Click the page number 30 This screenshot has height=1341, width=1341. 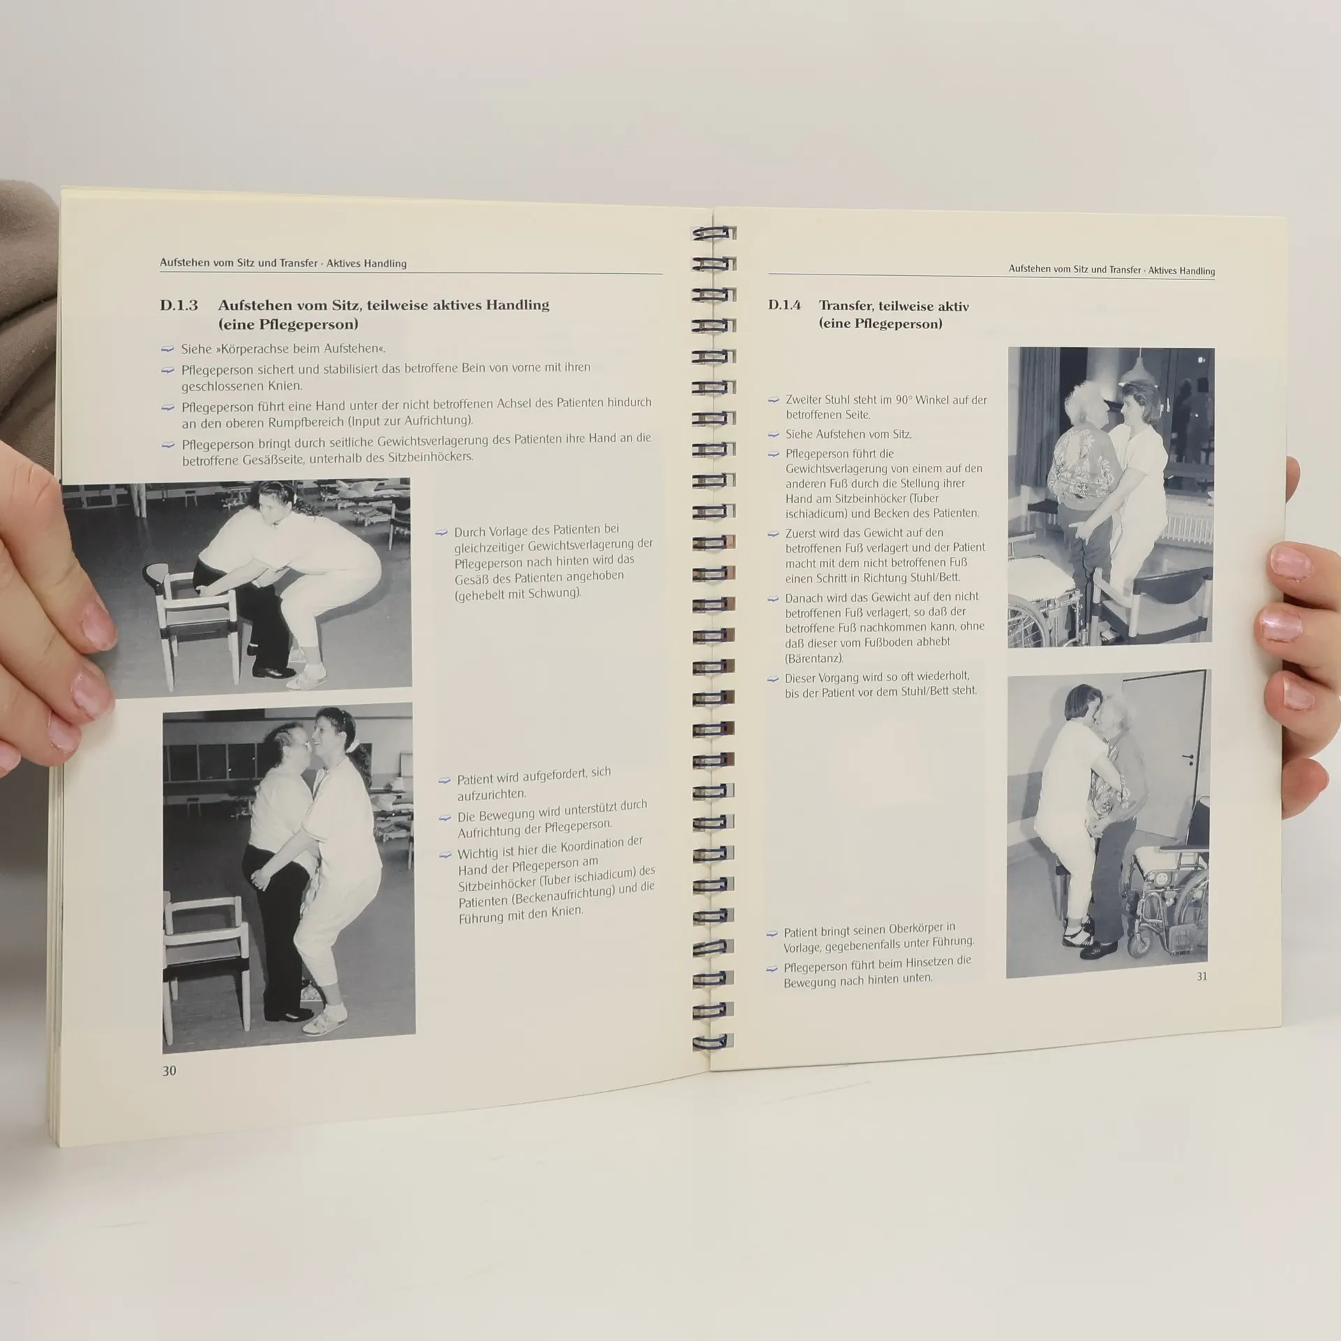point(169,1071)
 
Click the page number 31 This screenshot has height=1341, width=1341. point(1202,976)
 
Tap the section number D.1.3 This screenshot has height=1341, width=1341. point(179,305)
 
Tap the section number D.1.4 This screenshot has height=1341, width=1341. point(784,305)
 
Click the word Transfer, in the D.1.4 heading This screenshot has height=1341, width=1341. point(846,305)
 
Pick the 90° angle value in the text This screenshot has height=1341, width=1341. point(904,400)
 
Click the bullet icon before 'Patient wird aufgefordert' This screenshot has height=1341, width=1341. point(444,780)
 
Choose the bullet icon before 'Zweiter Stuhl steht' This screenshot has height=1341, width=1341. point(773,400)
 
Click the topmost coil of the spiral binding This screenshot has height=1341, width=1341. point(713,233)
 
